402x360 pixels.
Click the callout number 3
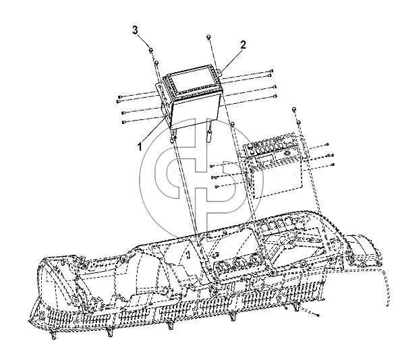point(135,30)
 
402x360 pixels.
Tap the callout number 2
point(243,44)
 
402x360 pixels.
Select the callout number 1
point(140,147)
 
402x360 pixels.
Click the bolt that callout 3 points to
point(151,50)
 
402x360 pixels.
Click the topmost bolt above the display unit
point(208,37)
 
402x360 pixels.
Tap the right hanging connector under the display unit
point(210,133)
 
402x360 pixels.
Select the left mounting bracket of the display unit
point(163,102)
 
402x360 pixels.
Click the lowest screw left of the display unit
point(124,122)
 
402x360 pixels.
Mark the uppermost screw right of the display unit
point(272,71)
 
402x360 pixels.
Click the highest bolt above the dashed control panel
point(294,110)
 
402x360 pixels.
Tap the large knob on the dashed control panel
point(287,153)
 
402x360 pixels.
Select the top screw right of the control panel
point(327,145)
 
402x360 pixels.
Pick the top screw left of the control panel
point(212,166)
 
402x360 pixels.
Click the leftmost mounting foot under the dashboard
point(53,335)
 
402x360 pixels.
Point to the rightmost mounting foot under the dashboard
point(296,307)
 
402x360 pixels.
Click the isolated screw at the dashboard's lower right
point(318,315)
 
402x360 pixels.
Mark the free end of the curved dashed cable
point(387,305)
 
